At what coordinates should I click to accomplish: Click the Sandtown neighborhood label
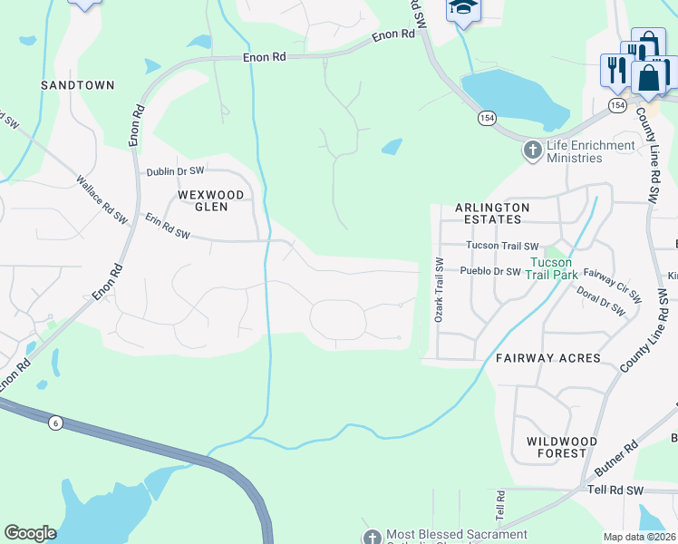pos(77,85)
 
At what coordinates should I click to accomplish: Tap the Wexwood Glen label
pos(211,200)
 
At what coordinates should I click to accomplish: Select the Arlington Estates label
pos(493,214)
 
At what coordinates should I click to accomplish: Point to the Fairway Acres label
pos(547,359)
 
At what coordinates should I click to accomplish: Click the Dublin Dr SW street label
pos(176,171)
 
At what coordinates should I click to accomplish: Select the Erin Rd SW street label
pos(168,227)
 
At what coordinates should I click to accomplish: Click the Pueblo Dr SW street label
pos(490,271)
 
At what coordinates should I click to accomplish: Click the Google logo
pos(30,533)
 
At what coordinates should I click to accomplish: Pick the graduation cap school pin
pos(463,8)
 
